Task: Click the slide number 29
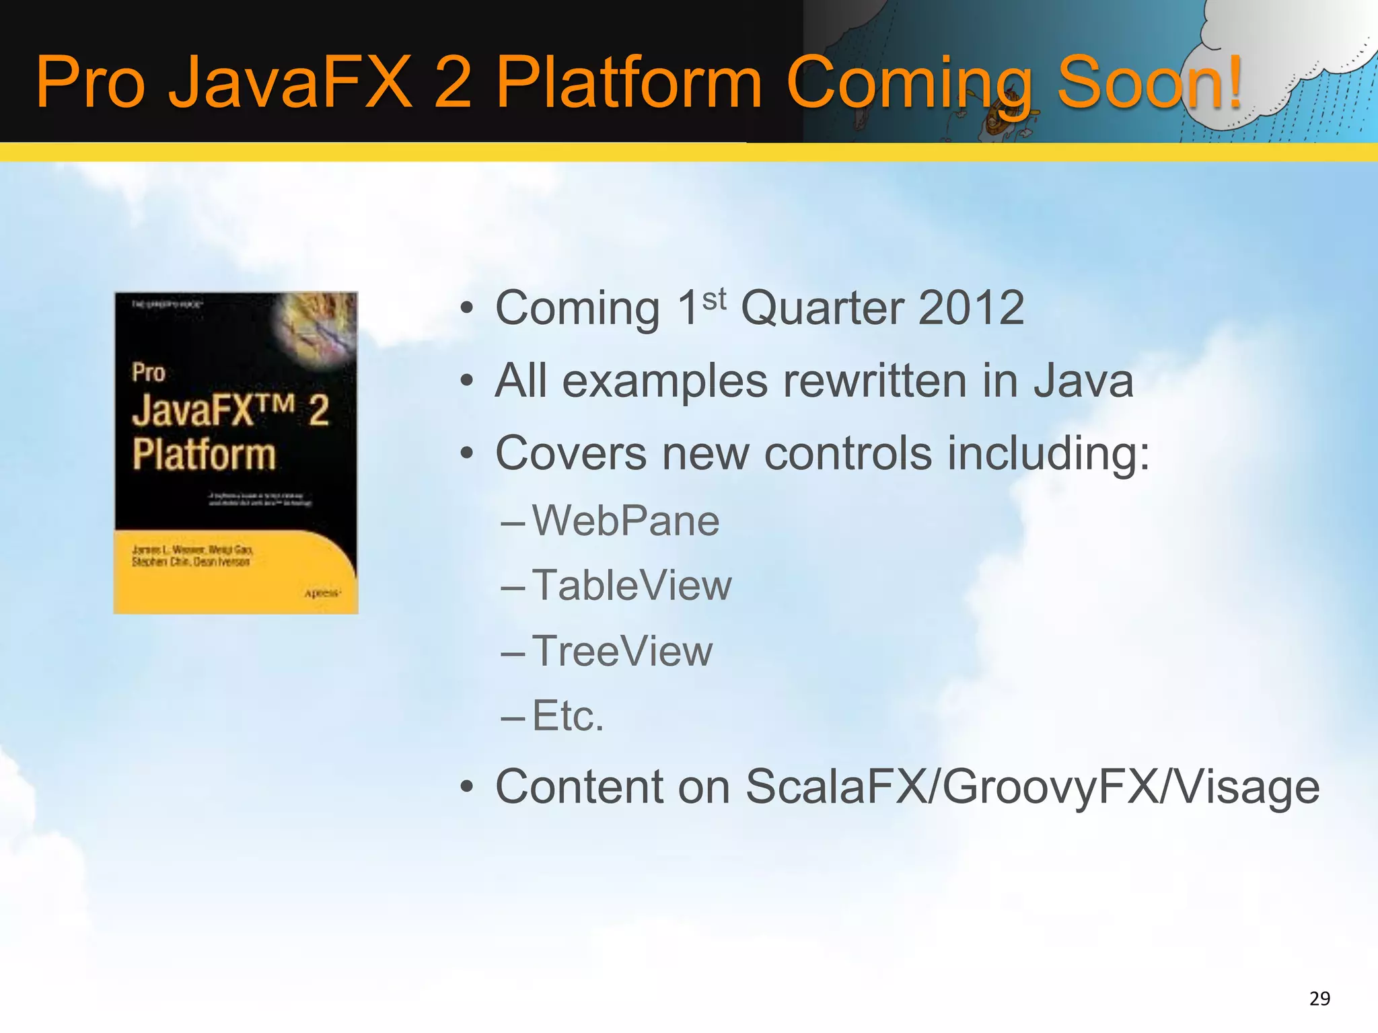click(x=1319, y=999)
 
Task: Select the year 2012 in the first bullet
click(x=970, y=308)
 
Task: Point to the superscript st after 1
click(x=714, y=299)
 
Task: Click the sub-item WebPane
click(x=626, y=521)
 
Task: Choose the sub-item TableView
click(x=632, y=586)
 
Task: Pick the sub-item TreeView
click(x=622, y=651)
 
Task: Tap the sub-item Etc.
click(x=568, y=716)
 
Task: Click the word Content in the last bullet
click(x=612, y=787)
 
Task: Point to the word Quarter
click(x=822, y=308)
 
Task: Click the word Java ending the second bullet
click(x=1083, y=381)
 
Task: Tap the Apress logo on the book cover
click(x=322, y=593)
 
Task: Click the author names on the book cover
click(x=192, y=556)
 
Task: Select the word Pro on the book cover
click(x=149, y=373)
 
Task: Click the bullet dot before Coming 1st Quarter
click(x=466, y=309)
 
